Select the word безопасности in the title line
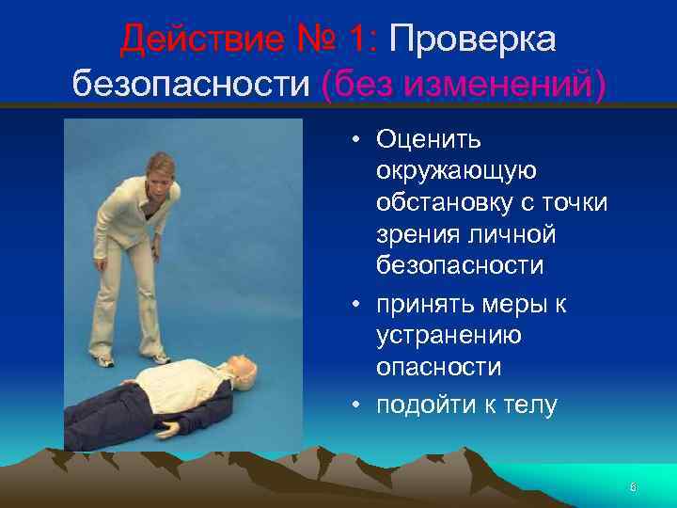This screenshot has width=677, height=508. pyautogui.click(x=192, y=85)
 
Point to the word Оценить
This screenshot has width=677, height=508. pyautogui.click(x=429, y=140)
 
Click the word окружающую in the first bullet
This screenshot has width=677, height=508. pyautogui.click(x=456, y=171)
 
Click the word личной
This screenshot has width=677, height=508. pyautogui.click(x=509, y=234)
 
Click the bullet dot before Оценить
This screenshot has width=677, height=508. pyautogui.click(x=358, y=141)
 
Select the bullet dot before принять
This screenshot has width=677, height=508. pyautogui.click(x=358, y=305)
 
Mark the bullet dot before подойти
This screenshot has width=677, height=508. pyautogui.click(x=358, y=406)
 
